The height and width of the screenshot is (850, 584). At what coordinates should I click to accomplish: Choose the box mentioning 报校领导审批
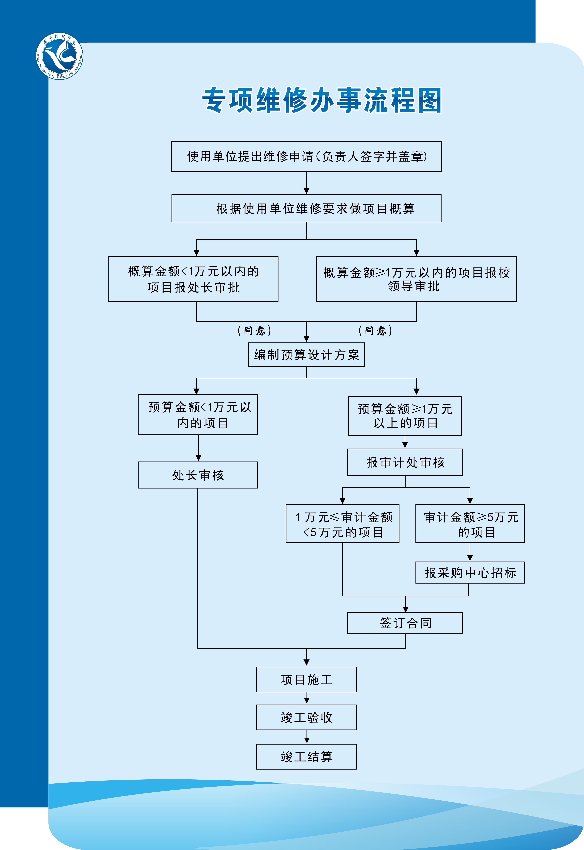click(x=416, y=279)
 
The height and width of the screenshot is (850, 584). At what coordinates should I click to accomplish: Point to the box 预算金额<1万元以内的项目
click(x=198, y=415)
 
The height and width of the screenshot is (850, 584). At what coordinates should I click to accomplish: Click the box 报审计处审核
click(x=405, y=462)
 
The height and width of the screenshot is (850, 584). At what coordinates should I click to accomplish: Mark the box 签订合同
click(x=405, y=623)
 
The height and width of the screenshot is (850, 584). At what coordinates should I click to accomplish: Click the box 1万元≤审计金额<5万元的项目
click(x=342, y=523)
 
